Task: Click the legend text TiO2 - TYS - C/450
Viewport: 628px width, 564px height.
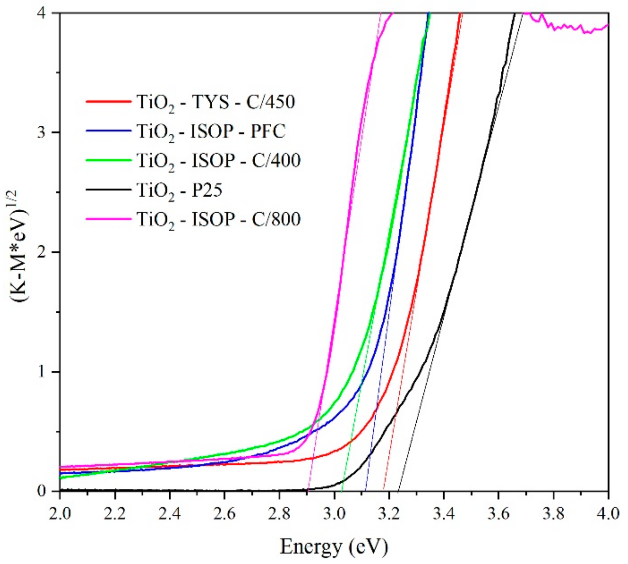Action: [216, 102]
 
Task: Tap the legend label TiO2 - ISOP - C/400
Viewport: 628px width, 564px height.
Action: [219, 160]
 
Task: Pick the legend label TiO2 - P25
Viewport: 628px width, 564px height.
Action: [179, 190]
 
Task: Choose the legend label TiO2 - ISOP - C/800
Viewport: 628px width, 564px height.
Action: [219, 219]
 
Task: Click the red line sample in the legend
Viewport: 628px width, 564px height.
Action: [108, 101]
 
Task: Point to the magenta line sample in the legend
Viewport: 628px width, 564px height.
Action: [108, 219]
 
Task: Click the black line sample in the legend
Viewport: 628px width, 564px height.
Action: [108, 189]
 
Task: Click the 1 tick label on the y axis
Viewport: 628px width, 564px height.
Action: [41, 372]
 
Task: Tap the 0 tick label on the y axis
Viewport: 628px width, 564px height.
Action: [41, 491]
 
